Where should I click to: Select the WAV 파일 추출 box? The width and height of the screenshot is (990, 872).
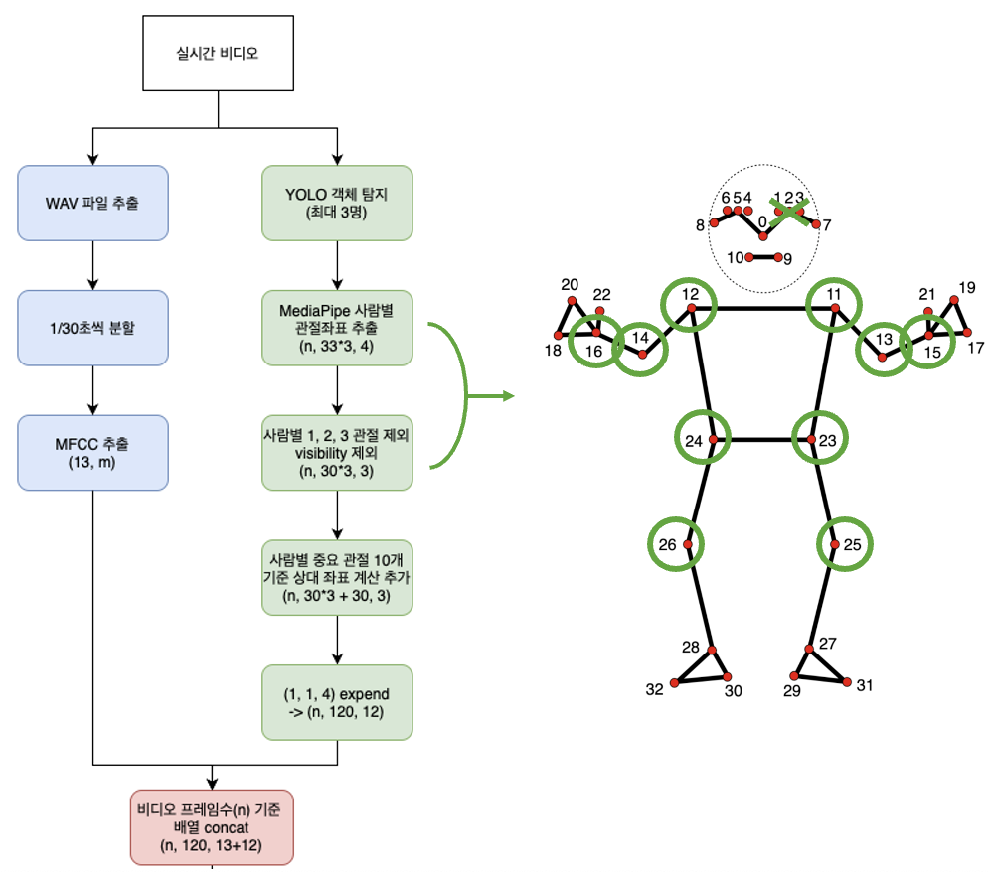pyautogui.click(x=92, y=203)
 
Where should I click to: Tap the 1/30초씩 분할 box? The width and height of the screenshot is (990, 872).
pyautogui.click(x=92, y=327)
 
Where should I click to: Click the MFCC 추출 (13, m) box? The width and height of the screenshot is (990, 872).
pyautogui.click(x=92, y=453)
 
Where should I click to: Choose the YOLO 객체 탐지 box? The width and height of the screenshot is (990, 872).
pyautogui.click(x=337, y=203)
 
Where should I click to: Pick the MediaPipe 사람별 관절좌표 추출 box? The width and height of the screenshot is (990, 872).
pyautogui.click(x=337, y=327)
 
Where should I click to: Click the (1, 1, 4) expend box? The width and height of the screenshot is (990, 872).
pyautogui.click(x=337, y=702)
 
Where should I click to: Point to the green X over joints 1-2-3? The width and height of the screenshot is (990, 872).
pyautogui.click(x=791, y=211)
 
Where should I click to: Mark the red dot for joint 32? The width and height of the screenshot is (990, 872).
pyautogui.click(x=675, y=683)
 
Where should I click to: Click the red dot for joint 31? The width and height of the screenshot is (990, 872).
pyautogui.click(x=847, y=682)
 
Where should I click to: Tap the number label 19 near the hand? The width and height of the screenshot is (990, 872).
pyautogui.click(x=966, y=289)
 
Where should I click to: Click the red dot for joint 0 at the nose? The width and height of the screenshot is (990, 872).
pyautogui.click(x=763, y=236)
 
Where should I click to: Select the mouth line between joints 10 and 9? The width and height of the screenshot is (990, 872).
pyautogui.click(x=762, y=257)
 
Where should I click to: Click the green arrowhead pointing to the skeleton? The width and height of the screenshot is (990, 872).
pyautogui.click(x=509, y=396)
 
